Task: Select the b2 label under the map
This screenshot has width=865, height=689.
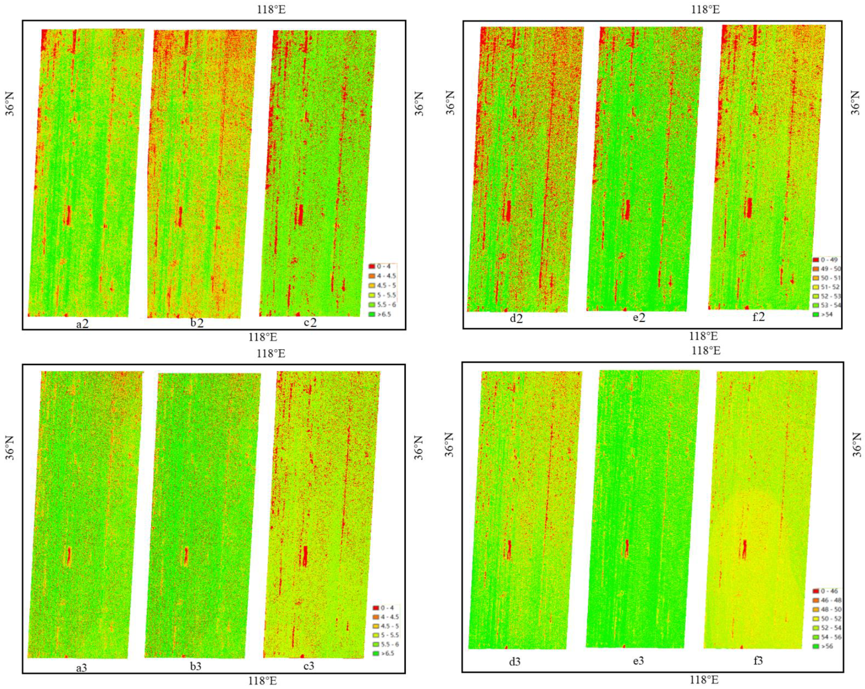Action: (x=197, y=323)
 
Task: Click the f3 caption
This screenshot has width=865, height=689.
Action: (x=758, y=660)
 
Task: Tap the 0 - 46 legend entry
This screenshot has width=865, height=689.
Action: (x=826, y=591)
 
